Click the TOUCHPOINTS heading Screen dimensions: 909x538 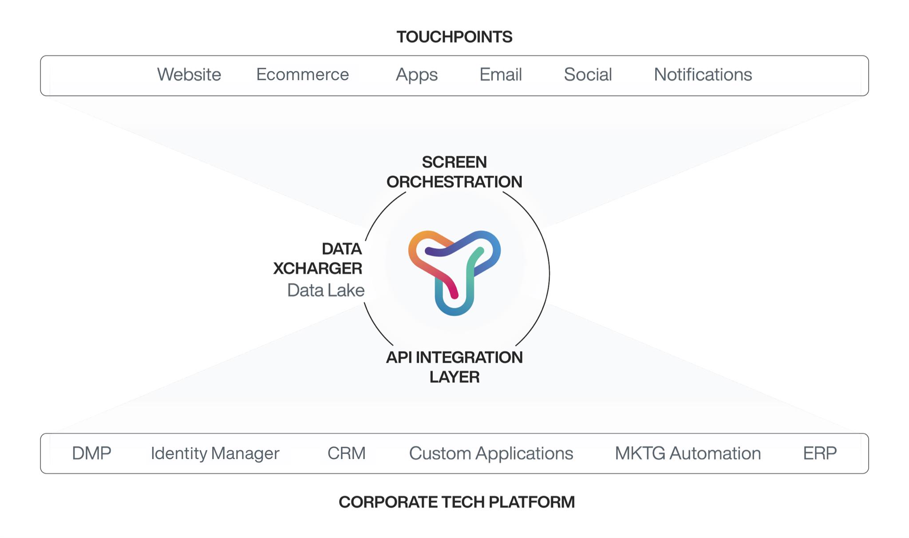(454, 37)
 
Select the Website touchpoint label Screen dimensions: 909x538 (189, 75)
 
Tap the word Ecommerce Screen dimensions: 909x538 (303, 75)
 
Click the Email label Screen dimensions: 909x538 (501, 75)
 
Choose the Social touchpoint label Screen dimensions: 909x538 (588, 75)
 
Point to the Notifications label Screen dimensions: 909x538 (703, 75)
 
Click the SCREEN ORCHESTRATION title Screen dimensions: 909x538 (454, 172)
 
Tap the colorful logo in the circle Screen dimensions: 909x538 (454, 273)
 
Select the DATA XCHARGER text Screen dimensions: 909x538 (318, 259)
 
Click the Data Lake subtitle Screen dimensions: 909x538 (326, 291)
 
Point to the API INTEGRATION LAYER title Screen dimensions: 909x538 (454, 367)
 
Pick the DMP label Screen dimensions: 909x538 (91, 453)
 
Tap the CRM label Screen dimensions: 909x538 (347, 453)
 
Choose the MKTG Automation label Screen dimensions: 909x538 (688, 453)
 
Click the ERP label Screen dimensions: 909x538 (820, 453)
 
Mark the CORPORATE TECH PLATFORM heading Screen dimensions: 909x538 (457, 502)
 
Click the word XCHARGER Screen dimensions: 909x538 (318, 268)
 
